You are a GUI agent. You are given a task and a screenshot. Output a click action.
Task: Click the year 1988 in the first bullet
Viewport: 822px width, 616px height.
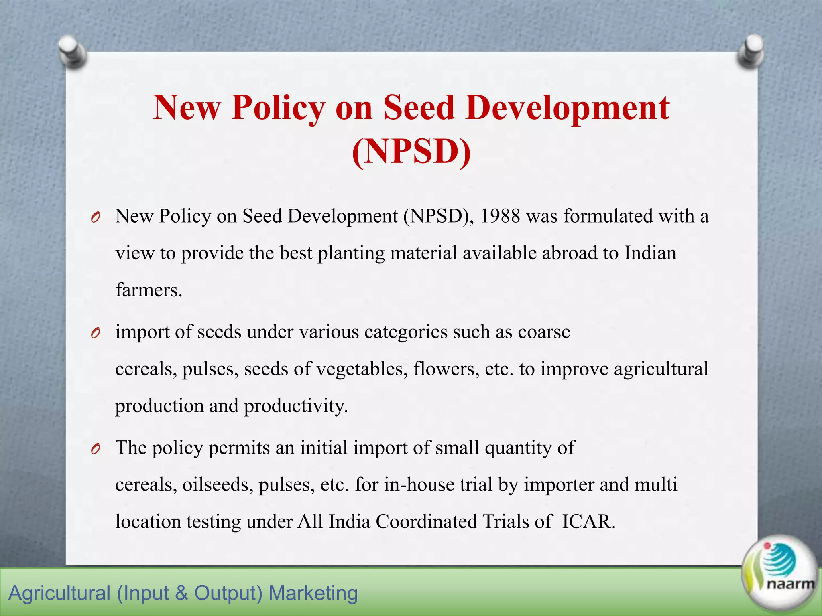500,217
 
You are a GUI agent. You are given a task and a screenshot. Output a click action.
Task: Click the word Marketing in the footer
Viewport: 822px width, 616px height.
313,593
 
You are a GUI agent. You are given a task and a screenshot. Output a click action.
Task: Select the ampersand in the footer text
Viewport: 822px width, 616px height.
181,593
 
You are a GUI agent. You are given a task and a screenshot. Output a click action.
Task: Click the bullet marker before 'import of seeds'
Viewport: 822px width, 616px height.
95,333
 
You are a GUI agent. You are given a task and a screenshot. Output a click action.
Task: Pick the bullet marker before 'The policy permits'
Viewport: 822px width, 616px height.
95,449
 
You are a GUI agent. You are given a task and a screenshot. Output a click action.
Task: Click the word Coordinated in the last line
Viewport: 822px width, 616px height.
426,522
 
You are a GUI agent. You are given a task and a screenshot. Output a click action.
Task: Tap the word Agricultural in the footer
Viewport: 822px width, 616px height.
59,593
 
